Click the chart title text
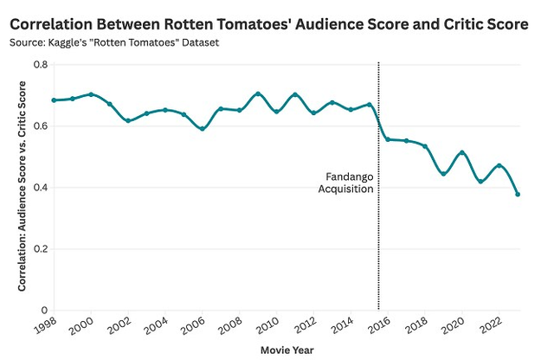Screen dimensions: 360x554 (267, 25)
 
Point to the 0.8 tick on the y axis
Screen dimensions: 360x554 (39, 65)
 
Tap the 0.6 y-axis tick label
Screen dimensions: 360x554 (39, 126)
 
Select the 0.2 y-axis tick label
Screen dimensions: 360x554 (39, 249)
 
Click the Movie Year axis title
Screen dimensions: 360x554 (286, 350)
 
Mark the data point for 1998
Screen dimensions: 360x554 (54, 100)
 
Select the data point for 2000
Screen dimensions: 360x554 (91, 94)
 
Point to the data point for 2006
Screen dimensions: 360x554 (203, 129)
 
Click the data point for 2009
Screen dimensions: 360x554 (258, 93)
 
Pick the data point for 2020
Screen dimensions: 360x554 (462, 153)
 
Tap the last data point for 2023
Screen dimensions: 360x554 (518, 194)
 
